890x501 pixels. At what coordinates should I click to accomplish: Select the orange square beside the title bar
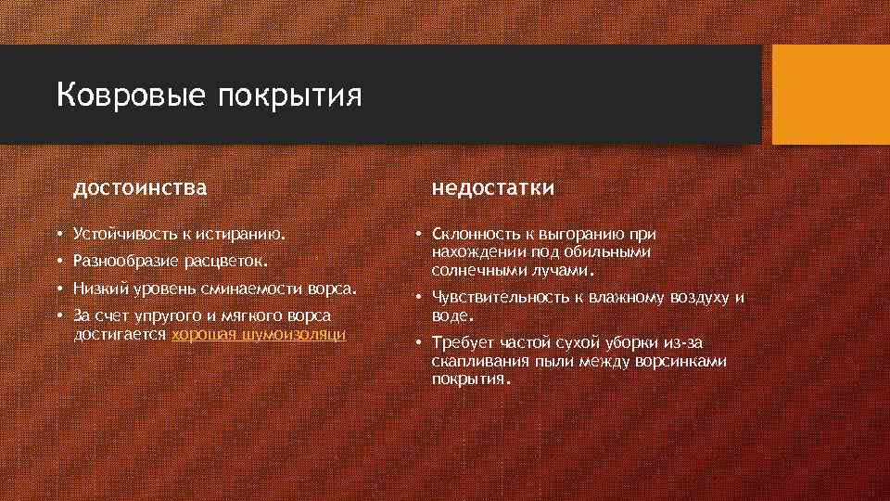pos(830,95)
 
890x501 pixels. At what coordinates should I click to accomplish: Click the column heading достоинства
pos(140,188)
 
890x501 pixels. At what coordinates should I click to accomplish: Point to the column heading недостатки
pos(493,188)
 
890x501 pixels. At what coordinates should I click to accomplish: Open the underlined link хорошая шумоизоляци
pos(260,334)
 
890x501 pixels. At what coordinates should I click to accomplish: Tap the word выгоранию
pos(590,233)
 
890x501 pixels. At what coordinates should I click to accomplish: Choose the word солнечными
pos(476,270)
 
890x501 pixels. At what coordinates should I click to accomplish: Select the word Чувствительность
pos(497,298)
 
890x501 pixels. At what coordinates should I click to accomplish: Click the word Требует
pos(462,343)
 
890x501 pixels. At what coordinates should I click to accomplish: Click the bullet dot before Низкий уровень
pos(58,289)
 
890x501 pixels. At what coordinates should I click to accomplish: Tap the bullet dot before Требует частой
pos(419,343)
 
